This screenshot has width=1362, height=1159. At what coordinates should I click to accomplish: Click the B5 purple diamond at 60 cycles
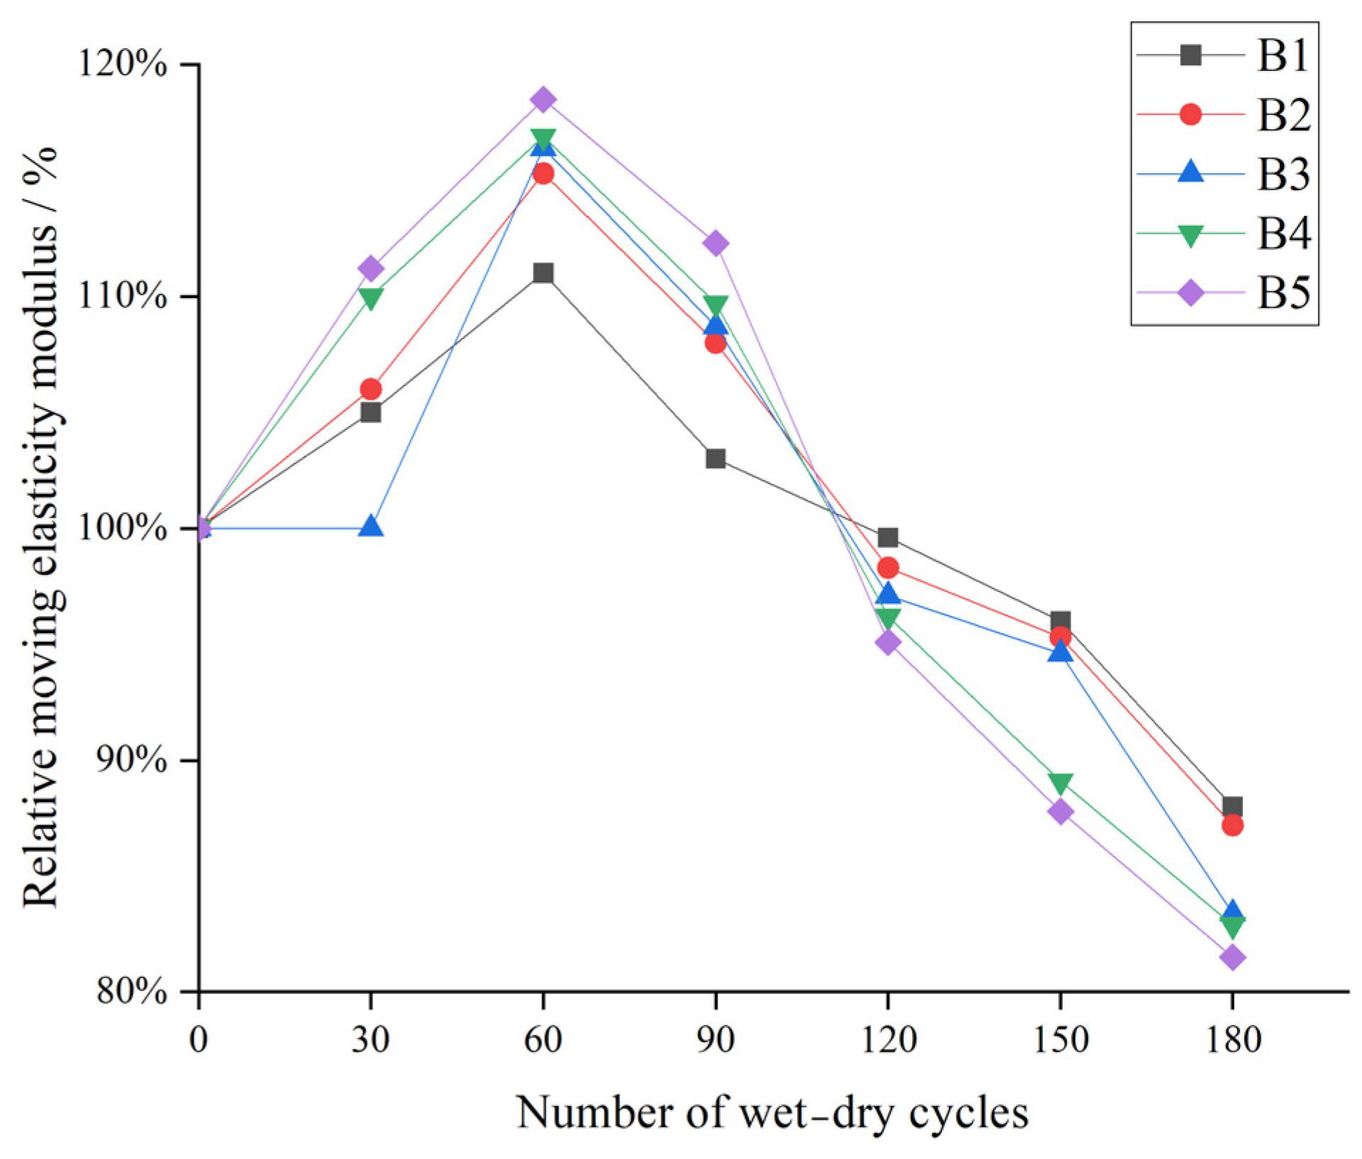(x=543, y=99)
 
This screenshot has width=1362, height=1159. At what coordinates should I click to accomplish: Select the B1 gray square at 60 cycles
(x=543, y=273)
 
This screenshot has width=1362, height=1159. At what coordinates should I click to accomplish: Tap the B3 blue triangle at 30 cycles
(x=371, y=526)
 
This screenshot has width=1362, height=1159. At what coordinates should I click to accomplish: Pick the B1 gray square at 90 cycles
(x=716, y=458)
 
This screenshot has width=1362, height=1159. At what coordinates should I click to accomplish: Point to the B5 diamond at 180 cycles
(x=1233, y=957)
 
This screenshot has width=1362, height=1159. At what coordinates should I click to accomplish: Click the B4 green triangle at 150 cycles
(x=1061, y=784)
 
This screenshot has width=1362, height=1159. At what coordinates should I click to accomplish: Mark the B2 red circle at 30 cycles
(x=371, y=389)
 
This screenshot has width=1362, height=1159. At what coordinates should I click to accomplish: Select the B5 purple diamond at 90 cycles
(x=716, y=243)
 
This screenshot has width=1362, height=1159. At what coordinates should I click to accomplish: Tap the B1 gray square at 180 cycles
(x=1233, y=807)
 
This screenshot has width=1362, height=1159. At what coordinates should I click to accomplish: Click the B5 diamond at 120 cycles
(x=888, y=643)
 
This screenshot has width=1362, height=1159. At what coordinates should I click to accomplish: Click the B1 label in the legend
(x=1283, y=55)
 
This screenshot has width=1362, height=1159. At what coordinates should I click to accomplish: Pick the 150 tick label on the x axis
(x=1061, y=1040)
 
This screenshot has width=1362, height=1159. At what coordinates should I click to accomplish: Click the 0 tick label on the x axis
(x=199, y=1040)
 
